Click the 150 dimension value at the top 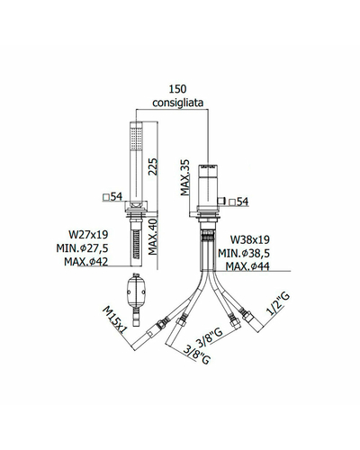[x=177, y=89]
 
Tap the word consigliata [x=178, y=103]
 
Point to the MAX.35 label [x=185, y=177]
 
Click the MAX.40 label [x=153, y=237]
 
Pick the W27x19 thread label [x=88, y=234]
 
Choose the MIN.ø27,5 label [x=82, y=248]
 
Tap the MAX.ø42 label [x=86, y=262]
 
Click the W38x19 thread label [x=250, y=239]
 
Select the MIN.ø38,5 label [x=244, y=253]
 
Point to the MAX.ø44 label [x=247, y=266]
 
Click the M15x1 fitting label [x=115, y=319]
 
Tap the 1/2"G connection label [x=278, y=304]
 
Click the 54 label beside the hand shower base [x=112, y=197]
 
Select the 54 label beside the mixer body [x=238, y=202]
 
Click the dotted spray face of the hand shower [x=136, y=139]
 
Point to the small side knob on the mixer [x=222, y=201]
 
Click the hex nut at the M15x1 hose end [x=161, y=323]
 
